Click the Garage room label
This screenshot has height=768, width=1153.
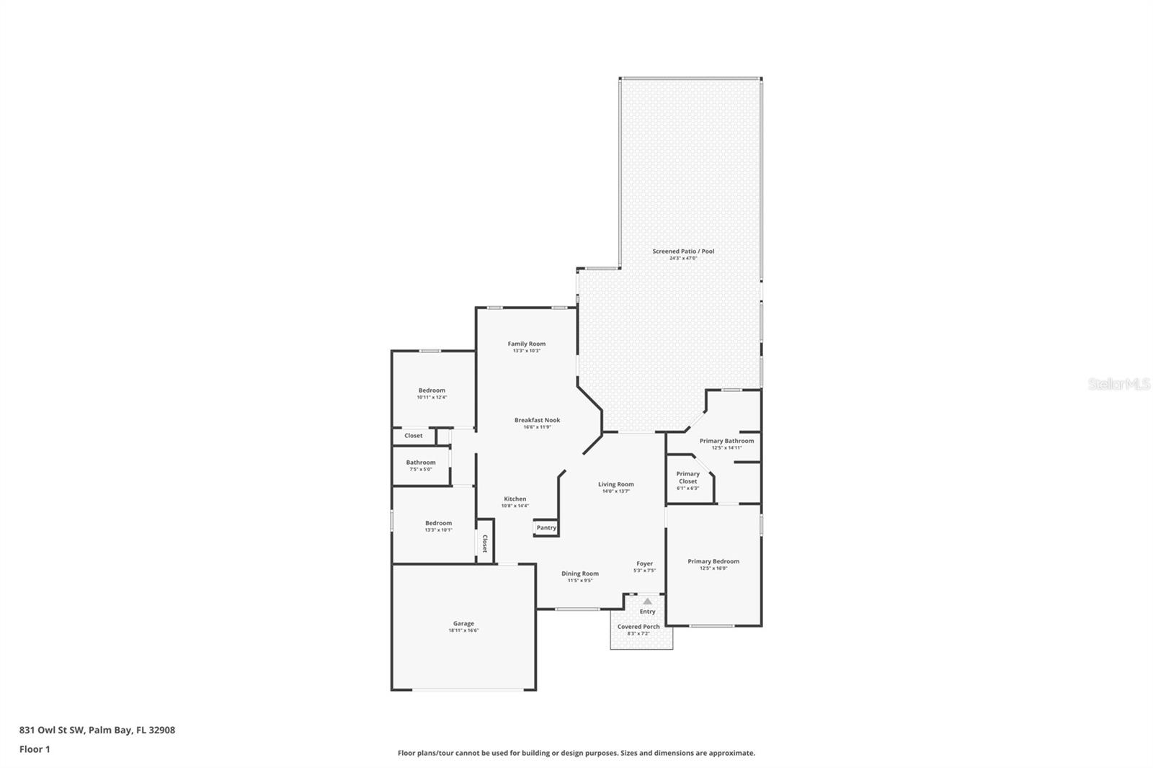coord(463,624)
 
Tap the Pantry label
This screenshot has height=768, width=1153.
coord(546,527)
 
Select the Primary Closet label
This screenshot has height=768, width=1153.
coord(687,478)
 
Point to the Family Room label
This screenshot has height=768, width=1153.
coord(527,344)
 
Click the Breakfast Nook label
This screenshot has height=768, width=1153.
coord(537,420)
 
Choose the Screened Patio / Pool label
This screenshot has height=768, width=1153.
coord(683,251)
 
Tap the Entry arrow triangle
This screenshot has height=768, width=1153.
coord(647,601)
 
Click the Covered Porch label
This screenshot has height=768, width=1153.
coord(638,627)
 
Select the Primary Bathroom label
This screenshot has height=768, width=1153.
coord(726,441)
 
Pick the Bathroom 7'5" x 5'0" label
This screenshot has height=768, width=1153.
coord(421,463)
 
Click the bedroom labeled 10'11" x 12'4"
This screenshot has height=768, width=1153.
coord(432,390)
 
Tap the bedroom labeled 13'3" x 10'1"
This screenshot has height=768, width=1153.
coord(438,523)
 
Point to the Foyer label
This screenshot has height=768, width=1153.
coord(644,564)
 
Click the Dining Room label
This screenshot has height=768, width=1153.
coord(580,574)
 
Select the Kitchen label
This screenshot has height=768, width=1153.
coord(515,499)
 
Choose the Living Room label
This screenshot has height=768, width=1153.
coord(616,485)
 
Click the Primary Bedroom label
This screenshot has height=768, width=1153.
coord(713,561)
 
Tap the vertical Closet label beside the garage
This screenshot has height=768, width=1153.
coord(485,543)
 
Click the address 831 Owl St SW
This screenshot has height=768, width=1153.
coord(97,730)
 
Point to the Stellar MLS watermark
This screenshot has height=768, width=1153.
coord(1118,385)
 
